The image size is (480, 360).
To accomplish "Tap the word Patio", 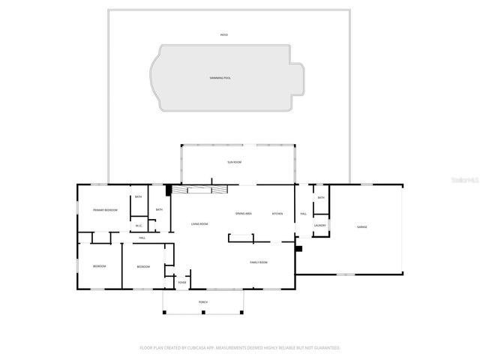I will click(223, 35).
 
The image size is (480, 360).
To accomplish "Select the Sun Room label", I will click(235, 162).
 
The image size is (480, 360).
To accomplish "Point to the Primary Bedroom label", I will click(105, 210).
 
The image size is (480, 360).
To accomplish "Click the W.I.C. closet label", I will click(139, 225).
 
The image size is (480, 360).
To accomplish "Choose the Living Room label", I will click(199, 224).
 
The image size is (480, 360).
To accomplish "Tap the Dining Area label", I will click(243, 214).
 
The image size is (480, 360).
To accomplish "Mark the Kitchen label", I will click(277, 214).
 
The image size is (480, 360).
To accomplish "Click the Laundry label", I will click(319, 225).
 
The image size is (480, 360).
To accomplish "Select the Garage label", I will click(361, 226).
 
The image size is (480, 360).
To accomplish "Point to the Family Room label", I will click(259, 262).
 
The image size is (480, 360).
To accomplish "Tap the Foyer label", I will click(182, 283).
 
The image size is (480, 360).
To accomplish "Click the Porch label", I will click(202, 301).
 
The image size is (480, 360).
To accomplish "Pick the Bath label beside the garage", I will click(320, 197).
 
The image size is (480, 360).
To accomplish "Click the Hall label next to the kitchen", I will click(304, 214).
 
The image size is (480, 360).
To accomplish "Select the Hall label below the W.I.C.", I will click(142, 238).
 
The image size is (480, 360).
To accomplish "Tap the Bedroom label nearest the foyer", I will click(142, 267).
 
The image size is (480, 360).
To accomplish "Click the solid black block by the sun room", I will click(169, 190).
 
